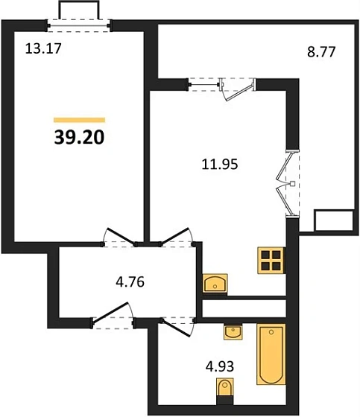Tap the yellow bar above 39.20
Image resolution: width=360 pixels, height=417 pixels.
(79, 119)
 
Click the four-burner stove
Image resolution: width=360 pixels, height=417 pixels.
(271, 260)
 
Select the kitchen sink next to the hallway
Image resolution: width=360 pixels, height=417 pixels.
(217, 283)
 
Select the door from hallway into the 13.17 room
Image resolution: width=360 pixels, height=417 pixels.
(118, 238)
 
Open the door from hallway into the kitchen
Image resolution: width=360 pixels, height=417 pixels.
(177, 238)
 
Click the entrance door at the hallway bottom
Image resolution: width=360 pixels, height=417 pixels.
(112, 316)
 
